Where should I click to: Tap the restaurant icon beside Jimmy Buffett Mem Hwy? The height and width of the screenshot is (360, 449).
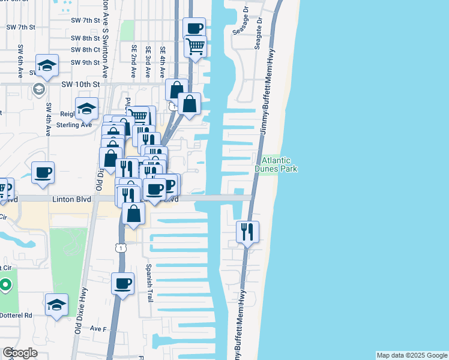point(247,230)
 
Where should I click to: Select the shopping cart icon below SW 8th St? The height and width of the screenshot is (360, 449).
point(195,46)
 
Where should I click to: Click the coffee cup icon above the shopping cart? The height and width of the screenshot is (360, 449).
point(194,28)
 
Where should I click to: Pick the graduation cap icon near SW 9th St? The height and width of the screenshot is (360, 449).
point(46,65)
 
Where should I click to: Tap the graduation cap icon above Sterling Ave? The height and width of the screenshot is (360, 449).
point(87,108)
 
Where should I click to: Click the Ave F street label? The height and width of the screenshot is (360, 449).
point(98,329)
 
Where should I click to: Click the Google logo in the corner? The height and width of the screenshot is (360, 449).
point(20,353)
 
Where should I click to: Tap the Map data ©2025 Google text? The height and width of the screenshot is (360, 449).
point(411,355)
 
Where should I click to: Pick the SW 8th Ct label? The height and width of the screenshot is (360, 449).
point(85,50)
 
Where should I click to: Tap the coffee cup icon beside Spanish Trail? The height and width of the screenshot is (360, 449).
point(122,283)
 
